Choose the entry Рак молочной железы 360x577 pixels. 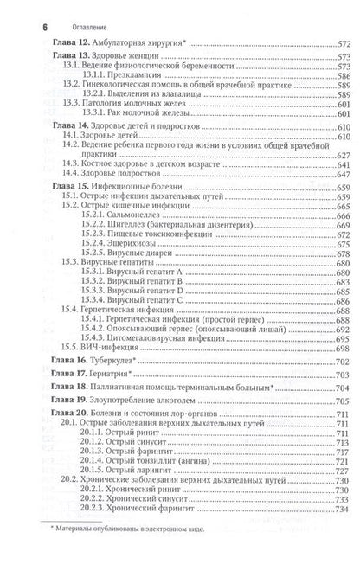click(147, 115)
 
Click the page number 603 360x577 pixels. click(344, 115)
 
